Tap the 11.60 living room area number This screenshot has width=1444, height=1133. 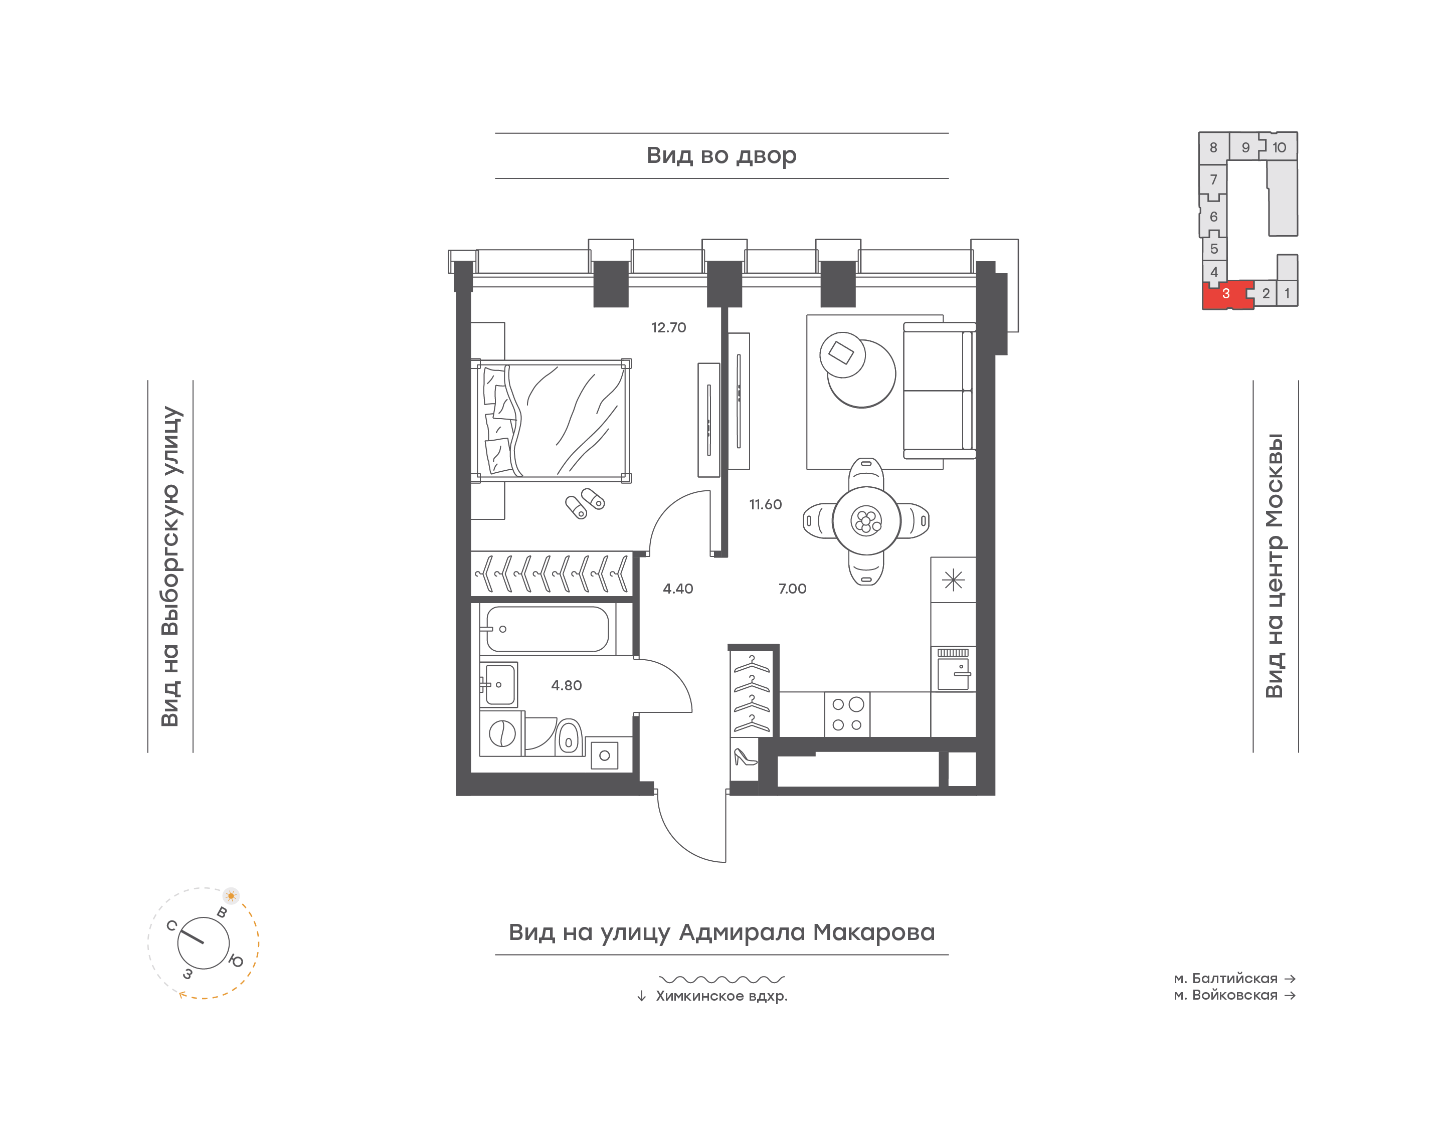(x=766, y=505)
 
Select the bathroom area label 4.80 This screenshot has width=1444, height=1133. (x=567, y=686)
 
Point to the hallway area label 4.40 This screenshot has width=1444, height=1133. (x=678, y=589)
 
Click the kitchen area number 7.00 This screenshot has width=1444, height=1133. (x=792, y=589)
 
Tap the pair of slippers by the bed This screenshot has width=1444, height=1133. (x=585, y=503)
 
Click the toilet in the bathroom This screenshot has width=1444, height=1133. (x=568, y=736)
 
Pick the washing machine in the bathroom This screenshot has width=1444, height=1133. (x=502, y=733)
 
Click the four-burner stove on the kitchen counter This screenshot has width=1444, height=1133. (x=847, y=714)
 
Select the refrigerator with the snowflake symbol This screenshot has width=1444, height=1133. (x=953, y=580)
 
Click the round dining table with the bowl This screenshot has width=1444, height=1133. (x=866, y=521)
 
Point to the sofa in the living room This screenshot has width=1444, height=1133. (x=939, y=391)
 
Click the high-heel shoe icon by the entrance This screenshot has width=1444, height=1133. (x=744, y=757)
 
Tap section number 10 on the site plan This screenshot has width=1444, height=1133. (x=1279, y=148)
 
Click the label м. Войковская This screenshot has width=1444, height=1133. (x=1226, y=995)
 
